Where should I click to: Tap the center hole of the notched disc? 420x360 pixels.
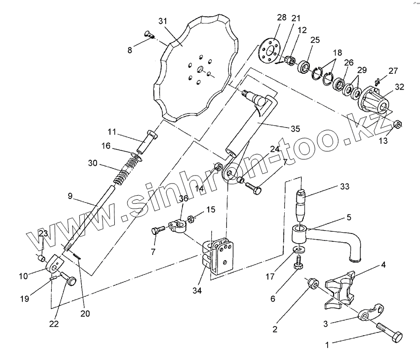click(199, 71)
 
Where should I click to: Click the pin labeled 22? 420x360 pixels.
click(72, 282)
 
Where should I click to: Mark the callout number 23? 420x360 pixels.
click(43, 233)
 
